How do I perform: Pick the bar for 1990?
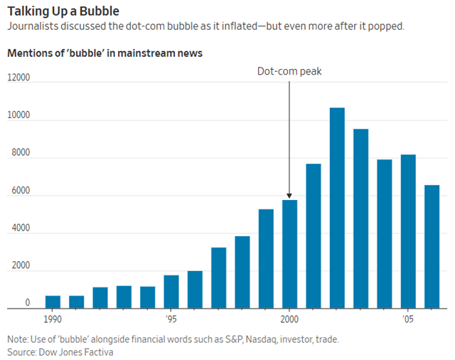(53, 302)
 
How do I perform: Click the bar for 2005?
(408, 231)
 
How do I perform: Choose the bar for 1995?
(171, 292)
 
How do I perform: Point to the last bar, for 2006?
(432, 246)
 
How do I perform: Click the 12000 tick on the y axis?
(18, 78)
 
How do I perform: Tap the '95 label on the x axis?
(171, 319)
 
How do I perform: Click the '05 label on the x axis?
(408, 319)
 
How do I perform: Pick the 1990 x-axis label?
(53, 319)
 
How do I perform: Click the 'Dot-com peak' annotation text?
(289, 71)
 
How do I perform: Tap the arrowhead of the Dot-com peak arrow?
(289, 196)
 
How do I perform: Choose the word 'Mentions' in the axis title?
(28, 53)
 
